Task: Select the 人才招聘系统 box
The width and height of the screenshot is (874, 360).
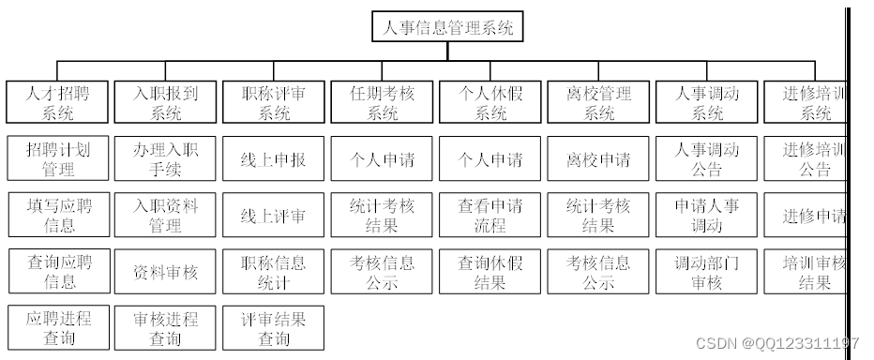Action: coord(57,103)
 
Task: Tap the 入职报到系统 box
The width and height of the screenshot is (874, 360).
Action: coord(166,103)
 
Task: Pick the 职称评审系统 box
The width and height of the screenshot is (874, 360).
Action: coord(275,103)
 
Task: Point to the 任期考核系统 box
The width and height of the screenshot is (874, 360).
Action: coord(383,103)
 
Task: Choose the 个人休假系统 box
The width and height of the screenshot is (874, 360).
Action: coord(491,103)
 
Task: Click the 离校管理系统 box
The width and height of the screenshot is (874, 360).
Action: coord(599,103)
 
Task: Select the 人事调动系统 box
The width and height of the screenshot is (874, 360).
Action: coord(708,103)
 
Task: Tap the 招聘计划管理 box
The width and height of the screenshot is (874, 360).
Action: coord(57,159)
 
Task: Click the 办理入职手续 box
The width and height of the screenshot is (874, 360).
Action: coord(166,159)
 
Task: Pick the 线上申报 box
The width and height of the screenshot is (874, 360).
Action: coord(275,159)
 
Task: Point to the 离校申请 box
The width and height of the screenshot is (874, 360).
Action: coord(599,159)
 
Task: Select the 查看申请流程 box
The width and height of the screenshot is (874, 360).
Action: coord(491,216)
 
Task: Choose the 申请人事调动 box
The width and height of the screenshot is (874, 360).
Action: coord(708,216)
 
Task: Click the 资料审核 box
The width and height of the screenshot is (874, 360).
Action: coord(166,272)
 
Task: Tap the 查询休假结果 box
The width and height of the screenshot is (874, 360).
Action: coord(491,272)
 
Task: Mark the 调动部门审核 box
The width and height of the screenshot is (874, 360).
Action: coord(708,272)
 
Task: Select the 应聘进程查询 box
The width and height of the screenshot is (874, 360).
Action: coord(57,327)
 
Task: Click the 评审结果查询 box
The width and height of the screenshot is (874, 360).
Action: coord(275,327)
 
